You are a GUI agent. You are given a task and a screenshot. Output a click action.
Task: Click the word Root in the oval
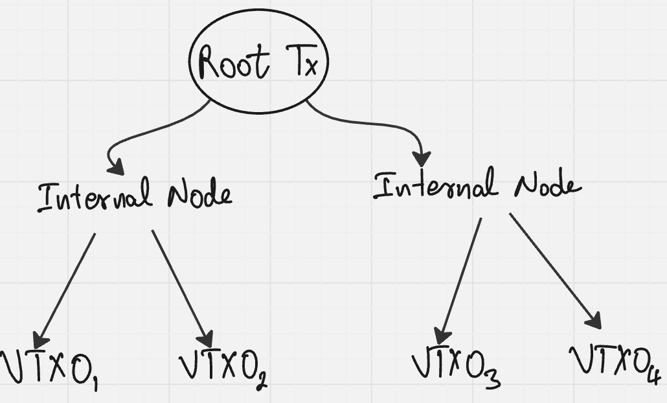pos(234,63)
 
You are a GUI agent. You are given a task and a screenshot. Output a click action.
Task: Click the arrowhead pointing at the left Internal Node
pos(117,167)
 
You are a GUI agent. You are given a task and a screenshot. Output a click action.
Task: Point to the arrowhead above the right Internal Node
pos(422,157)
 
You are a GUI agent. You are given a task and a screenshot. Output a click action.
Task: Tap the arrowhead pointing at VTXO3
pos(442,336)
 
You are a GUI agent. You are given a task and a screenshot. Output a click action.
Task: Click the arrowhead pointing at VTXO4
pos(594,320)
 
